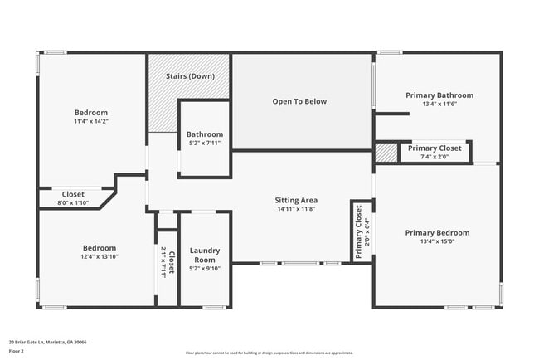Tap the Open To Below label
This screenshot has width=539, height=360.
pyautogui.click(x=299, y=101)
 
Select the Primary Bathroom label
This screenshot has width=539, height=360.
pyautogui.click(x=439, y=95)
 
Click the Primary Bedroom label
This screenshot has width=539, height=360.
pyautogui.click(x=437, y=233)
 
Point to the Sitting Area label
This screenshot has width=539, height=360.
pyautogui.click(x=296, y=200)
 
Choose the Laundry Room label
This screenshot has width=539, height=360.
pyautogui.click(x=204, y=255)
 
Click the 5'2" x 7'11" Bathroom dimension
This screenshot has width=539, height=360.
pyautogui.click(x=204, y=144)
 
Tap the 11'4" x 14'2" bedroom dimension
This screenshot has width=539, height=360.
pyautogui.click(x=91, y=122)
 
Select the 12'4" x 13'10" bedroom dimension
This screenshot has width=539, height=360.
pyautogui.click(x=99, y=257)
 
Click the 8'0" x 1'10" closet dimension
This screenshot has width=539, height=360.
pyautogui.click(x=73, y=203)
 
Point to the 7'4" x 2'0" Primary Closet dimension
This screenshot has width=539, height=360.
pyautogui.click(x=434, y=157)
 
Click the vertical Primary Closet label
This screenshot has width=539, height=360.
pyautogui.click(x=359, y=233)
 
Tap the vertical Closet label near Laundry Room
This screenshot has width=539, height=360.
pyautogui.click(x=172, y=264)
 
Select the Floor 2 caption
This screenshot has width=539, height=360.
pyautogui.click(x=17, y=351)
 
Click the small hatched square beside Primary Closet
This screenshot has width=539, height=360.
pyautogui.click(x=386, y=153)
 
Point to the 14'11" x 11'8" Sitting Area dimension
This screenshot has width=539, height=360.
pyautogui.click(x=296, y=210)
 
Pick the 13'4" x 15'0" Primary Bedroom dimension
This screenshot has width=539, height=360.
pyautogui.click(x=437, y=242)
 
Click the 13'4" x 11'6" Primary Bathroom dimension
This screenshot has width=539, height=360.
pyautogui.click(x=439, y=105)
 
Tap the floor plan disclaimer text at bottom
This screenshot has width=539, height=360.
pyautogui.click(x=269, y=353)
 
